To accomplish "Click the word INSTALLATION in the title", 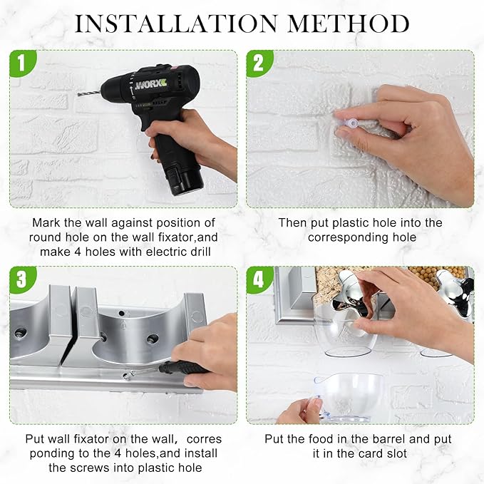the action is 176,23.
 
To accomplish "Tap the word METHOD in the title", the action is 349,23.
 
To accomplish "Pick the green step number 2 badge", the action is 258,63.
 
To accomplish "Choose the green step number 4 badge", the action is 258,279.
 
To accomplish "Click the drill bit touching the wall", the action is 90,92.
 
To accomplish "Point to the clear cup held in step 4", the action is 346,396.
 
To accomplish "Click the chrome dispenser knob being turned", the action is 352,293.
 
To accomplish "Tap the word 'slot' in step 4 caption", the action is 396,453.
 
